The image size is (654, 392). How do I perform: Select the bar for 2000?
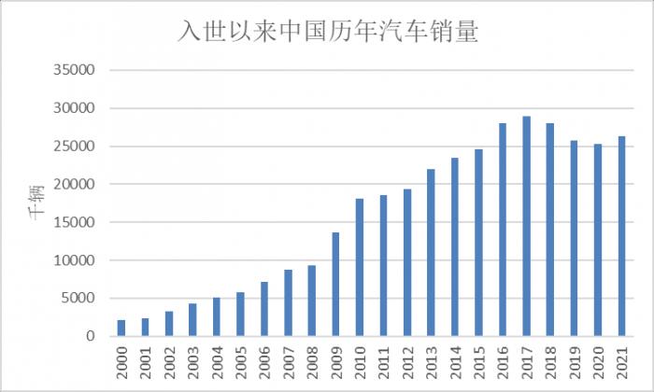point(121,328)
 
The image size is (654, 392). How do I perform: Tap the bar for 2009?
point(336,285)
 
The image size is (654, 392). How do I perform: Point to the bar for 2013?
point(432,253)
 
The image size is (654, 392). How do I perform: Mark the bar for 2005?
point(240,314)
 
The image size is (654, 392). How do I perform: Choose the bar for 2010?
point(360,267)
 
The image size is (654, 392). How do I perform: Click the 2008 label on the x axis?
point(312,360)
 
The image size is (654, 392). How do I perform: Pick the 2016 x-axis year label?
point(503,360)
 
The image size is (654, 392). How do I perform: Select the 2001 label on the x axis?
point(146,360)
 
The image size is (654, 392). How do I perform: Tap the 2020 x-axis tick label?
point(598,360)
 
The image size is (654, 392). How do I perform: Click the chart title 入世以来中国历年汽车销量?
point(328,33)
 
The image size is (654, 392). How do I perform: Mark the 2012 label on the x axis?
point(407,360)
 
